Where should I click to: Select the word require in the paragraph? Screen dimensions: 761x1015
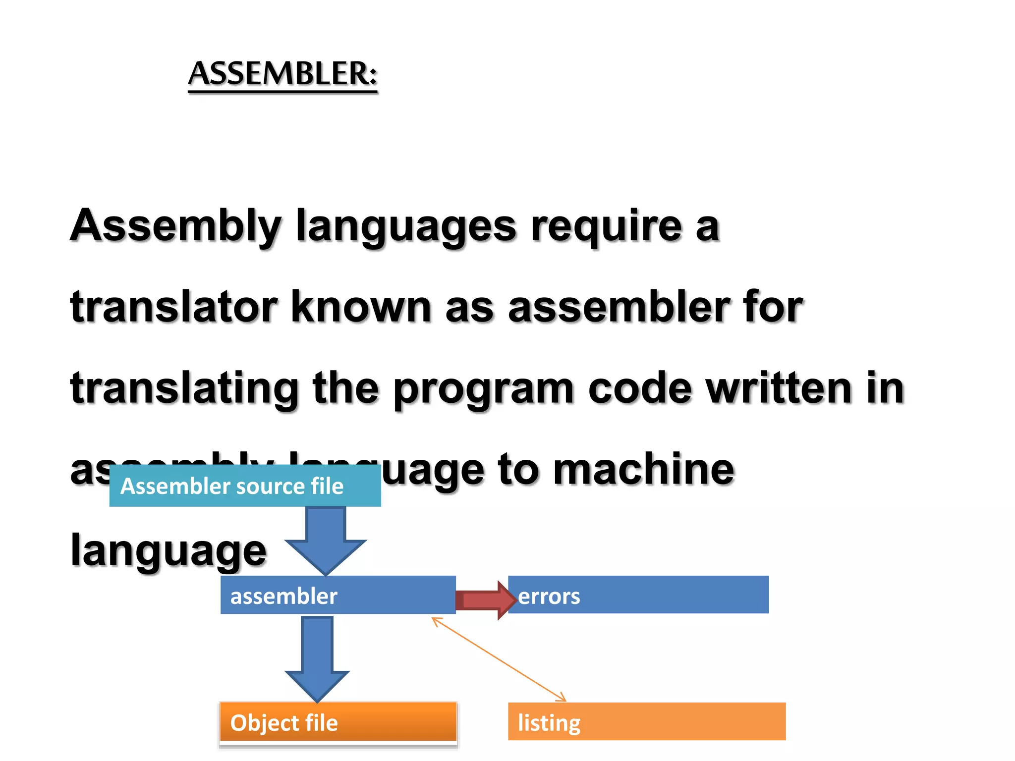(x=606, y=227)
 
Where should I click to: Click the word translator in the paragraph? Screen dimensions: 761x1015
(x=173, y=307)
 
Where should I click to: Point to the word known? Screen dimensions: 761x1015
(x=361, y=307)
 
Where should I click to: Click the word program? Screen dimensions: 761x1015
(x=483, y=389)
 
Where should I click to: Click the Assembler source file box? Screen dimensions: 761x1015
(x=245, y=486)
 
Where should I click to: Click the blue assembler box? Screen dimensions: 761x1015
(x=338, y=595)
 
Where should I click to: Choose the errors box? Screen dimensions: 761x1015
(x=638, y=595)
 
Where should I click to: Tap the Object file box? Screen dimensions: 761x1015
(x=338, y=722)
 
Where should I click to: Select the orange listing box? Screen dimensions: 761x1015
(x=646, y=722)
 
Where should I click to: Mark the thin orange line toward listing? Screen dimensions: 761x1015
(x=499, y=659)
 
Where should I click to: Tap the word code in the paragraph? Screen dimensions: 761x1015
(x=639, y=388)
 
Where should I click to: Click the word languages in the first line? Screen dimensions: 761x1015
(x=406, y=227)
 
